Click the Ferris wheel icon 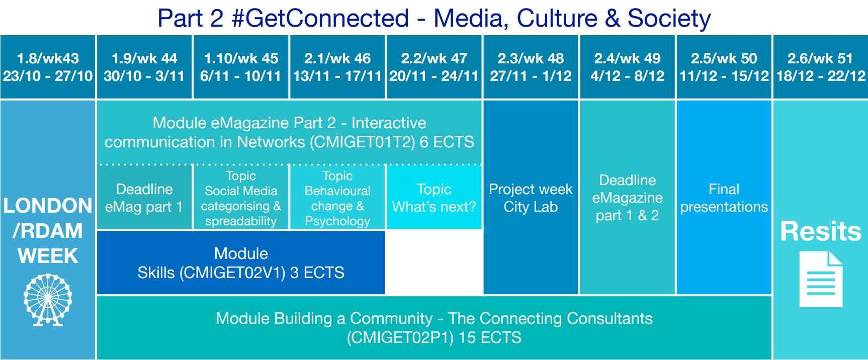48,300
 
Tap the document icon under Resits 821,279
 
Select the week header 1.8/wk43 48,67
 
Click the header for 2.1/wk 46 337,67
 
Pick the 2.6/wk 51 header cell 820,67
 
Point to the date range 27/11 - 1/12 531,76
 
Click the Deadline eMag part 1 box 144,198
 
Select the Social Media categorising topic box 241,198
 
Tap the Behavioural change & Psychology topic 337,198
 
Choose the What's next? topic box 434,198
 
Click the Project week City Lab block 531,197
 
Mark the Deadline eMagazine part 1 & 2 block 627,197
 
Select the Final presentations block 724,197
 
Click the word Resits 821,231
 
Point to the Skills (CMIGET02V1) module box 241,262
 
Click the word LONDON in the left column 48,206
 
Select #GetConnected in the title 320,19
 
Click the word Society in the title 669,19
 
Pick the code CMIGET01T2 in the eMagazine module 362,142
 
